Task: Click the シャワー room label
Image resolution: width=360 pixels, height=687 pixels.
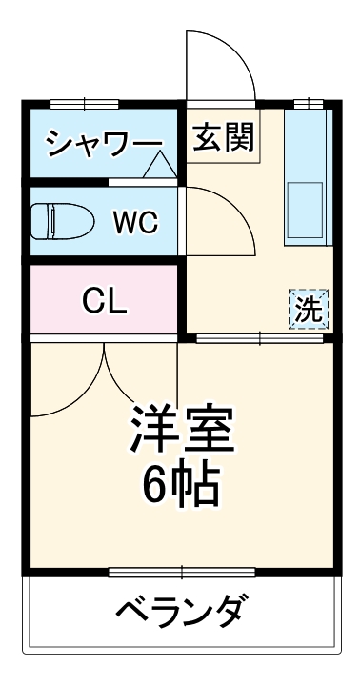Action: pyautogui.click(x=104, y=144)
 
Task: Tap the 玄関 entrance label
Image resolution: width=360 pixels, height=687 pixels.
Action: pyautogui.click(x=224, y=137)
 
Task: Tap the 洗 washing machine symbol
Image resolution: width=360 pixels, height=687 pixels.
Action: pyautogui.click(x=307, y=309)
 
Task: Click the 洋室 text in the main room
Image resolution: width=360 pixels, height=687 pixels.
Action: pyautogui.click(x=181, y=430)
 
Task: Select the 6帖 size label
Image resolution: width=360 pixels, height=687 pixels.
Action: pyautogui.click(x=181, y=486)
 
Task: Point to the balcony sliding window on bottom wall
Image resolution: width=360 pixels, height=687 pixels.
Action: pyautogui.click(x=181, y=572)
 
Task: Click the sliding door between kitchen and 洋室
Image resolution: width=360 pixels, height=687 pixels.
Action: pyautogui.click(x=258, y=336)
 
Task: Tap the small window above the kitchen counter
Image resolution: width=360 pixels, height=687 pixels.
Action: pyautogui.click(x=307, y=103)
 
